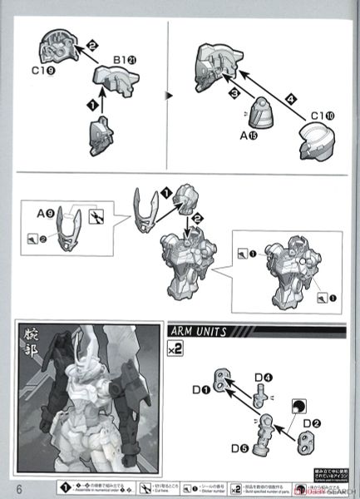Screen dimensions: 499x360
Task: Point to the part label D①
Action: coord(200,388)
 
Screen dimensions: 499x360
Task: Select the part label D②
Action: coord(312,423)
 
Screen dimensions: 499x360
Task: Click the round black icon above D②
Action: coord(296,404)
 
